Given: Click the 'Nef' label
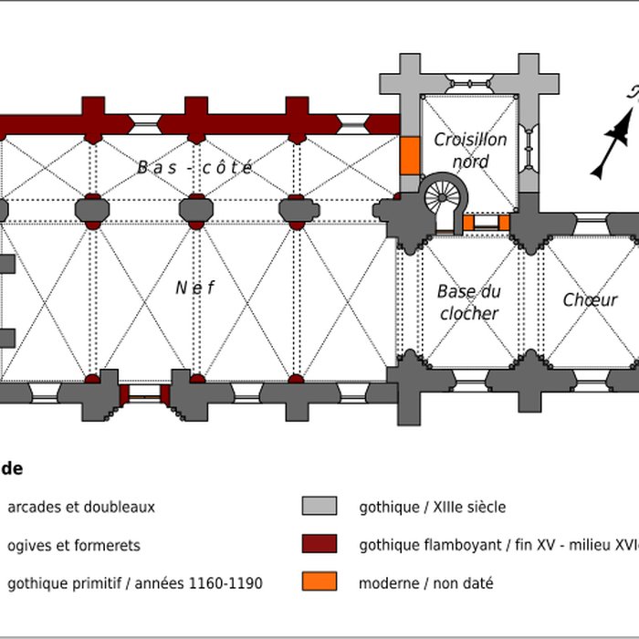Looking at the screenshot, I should [195, 288].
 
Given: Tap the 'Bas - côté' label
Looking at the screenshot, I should [194, 167].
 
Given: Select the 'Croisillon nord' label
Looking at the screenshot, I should [470, 151].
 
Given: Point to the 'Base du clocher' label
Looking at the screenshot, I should [469, 302].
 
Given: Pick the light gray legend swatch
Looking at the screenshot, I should [319, 507].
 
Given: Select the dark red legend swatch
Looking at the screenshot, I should [319, 544].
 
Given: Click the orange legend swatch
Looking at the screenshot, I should [319, 581].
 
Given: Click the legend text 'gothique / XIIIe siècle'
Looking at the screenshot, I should [432, 507].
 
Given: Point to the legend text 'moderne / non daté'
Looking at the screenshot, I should [426, 582].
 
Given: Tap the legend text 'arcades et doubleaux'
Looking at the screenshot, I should [81, 507].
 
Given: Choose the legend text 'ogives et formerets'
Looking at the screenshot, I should [74, 545].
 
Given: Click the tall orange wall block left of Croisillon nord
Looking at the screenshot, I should [410, 155].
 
